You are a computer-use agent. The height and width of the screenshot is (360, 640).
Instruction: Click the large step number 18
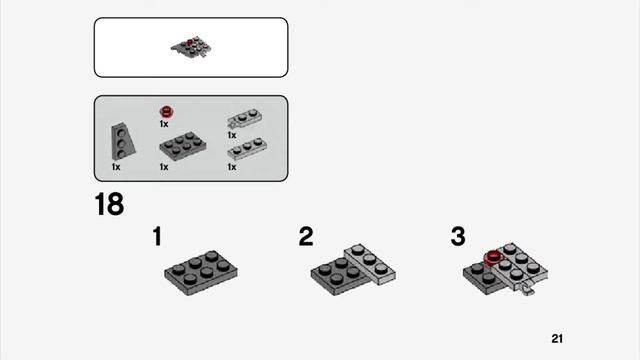(x=109, y=204)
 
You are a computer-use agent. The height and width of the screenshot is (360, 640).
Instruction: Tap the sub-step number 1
(x=157, y=236)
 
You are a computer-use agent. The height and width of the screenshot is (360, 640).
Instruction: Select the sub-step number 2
(x=306, y=236)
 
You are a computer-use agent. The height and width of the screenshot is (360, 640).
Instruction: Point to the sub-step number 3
(x=458, y=236)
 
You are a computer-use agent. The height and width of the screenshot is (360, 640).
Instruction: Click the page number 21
(x=557, y=338)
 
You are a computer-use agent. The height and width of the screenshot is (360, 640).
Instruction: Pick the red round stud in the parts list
(x=167, y=111)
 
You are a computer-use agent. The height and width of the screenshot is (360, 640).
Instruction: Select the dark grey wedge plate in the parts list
(x=122, y=142)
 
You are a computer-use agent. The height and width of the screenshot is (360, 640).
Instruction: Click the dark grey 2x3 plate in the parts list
(x=183, y=146)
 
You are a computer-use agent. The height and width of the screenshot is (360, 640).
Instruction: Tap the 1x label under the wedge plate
(x=116, y=167)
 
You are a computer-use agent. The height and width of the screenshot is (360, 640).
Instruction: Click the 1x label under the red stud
(x=164, y=124)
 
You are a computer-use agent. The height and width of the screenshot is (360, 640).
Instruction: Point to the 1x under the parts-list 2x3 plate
(x=164, y=167)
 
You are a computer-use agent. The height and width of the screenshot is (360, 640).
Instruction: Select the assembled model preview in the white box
(x=191, y=48)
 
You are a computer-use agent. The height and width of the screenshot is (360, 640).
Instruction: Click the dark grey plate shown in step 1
(x=201, y=273)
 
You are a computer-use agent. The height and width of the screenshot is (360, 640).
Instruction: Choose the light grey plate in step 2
(x=370, y=264)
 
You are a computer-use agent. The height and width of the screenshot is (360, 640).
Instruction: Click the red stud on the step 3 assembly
(x=493, y=258)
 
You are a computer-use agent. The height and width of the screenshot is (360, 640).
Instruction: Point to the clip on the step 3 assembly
(x=527, y=289)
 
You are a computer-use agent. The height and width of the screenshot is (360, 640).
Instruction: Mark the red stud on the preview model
(x=189, y=42)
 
